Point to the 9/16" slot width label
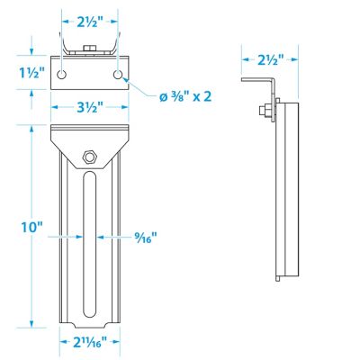[x=147, y=238]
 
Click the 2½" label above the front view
[x=89, y=20]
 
